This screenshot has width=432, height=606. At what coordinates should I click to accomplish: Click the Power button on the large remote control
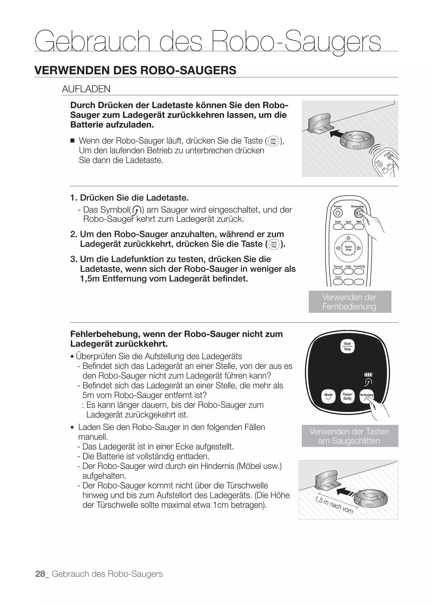pyautogui.click(x=337, y=213)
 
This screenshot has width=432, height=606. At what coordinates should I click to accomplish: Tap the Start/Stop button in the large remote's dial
pyautogui.click(x=348, y=248)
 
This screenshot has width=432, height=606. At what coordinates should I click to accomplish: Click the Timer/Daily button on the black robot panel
pyautogui.click(x=347, y=396)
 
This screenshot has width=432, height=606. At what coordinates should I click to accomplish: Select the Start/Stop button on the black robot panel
pyautogui.click(x=347, y=346)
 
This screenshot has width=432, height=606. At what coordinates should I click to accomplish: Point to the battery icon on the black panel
pyautogui.click(x=368, y=375)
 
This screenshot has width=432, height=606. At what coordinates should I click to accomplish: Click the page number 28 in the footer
pyautogui.click(x=40, y=574)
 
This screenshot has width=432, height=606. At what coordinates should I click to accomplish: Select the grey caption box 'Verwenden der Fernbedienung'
pyautogui.click(x=350, y=302)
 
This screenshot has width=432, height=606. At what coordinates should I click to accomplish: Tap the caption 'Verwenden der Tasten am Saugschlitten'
pyautogui.click(x=350, y=436)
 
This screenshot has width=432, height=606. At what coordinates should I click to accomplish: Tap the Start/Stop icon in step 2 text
pyautogui.click(x=274, y=244)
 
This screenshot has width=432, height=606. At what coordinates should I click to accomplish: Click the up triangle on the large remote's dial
pyautogui.click(x=348, y=238)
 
